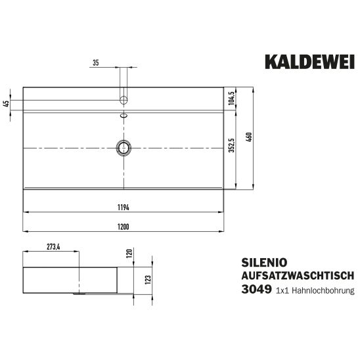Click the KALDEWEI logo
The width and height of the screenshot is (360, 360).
coord(309,62)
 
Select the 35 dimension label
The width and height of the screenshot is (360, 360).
coord(96,62)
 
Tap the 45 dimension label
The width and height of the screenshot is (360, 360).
coord(7,104)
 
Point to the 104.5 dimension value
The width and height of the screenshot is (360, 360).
coord(231,99)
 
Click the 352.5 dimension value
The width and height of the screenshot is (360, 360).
coord(231,145)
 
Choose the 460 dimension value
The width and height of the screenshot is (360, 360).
coord(248,137)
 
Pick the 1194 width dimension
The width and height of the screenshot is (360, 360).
coord(124,208)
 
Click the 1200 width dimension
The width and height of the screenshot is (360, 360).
coord(124,227)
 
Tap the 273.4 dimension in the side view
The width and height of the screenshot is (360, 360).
coord(53,247)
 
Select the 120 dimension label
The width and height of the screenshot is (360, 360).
coord(129,253)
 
